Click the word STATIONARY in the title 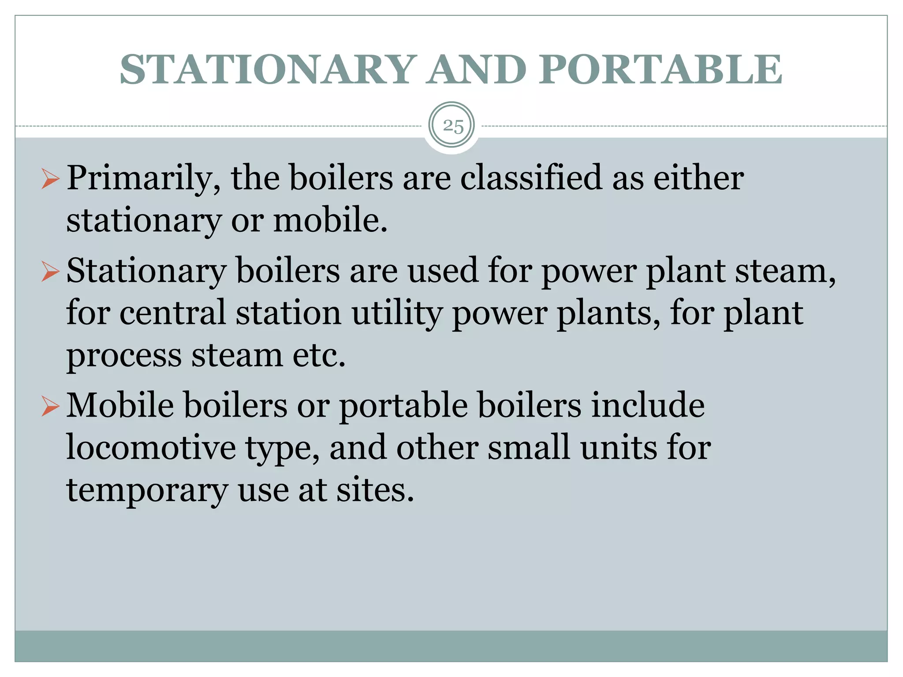pyautogui.click(x=266, y=70)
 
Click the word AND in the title pyautogui.click(x=476, y=70)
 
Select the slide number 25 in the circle pyautogui.click(x=452, y=126)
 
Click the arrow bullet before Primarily pyautogui.click(x=50, y=179)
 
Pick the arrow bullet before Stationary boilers pyautogui.click(x=50, y=272)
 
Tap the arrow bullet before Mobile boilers pyautogui.click(x=50, y=406)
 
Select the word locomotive pyautogui.click(x=151, y=448)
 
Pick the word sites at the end pyautogui.click(x=375, y=490)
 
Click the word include pyautogui.click(x=648, y=405)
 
